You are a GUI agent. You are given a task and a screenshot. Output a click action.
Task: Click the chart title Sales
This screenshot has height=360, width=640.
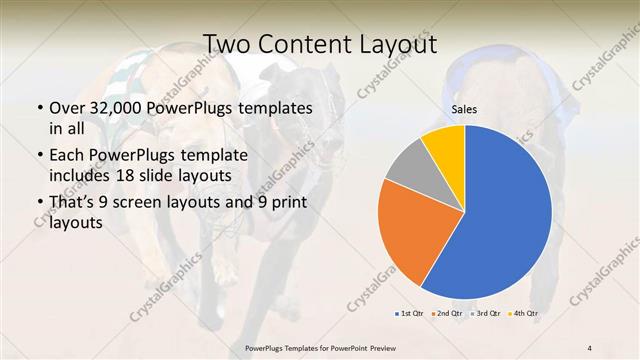point(464,108)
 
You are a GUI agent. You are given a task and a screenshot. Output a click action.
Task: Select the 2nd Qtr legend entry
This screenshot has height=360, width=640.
point(446,314)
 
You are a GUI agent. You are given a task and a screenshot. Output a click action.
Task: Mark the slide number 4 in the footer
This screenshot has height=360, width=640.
point(590,347)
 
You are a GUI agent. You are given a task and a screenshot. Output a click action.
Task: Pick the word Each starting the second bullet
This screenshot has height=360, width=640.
point(66,156)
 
